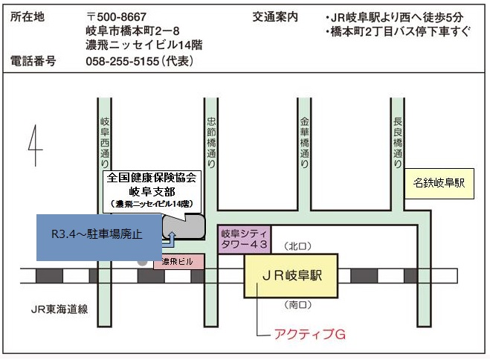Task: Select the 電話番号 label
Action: click(x=33, y=62)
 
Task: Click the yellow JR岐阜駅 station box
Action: click(x=290, y=275)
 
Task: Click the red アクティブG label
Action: click(x=311, y=334)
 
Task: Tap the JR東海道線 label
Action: click(x=59, y=309)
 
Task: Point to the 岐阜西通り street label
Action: click(x=106, y=142)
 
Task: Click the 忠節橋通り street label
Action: click(x=210, y=139)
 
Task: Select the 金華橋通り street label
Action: click(x=303, y=139)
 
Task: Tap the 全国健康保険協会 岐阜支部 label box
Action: click(x=151, y=189)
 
